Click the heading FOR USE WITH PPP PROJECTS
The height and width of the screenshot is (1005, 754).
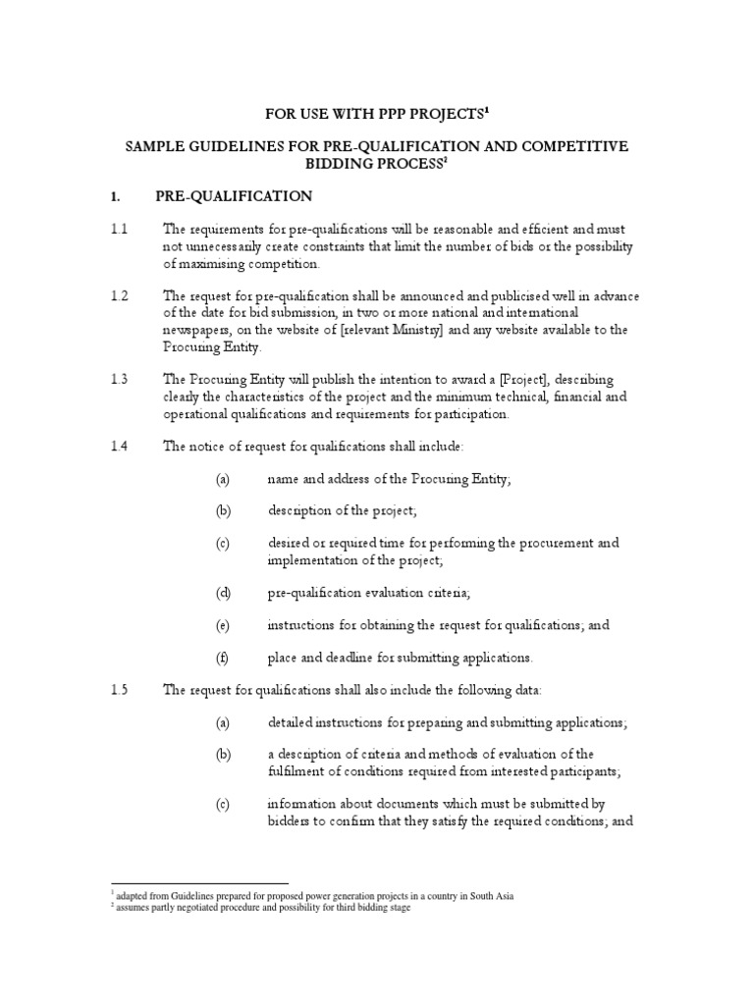377,114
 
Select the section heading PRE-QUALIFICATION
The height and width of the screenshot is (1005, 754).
234,195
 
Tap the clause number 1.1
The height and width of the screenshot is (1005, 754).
119,229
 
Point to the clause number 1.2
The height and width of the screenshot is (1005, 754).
119,295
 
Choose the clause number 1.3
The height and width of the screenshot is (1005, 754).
119,379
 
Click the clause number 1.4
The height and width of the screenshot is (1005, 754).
119,446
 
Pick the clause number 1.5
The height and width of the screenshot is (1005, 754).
119,690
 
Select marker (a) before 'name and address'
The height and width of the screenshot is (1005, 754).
222,478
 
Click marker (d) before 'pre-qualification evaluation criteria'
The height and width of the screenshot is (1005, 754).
222,592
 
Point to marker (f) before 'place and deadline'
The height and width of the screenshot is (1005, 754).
222,657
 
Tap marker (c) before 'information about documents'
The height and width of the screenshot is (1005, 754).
222,805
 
